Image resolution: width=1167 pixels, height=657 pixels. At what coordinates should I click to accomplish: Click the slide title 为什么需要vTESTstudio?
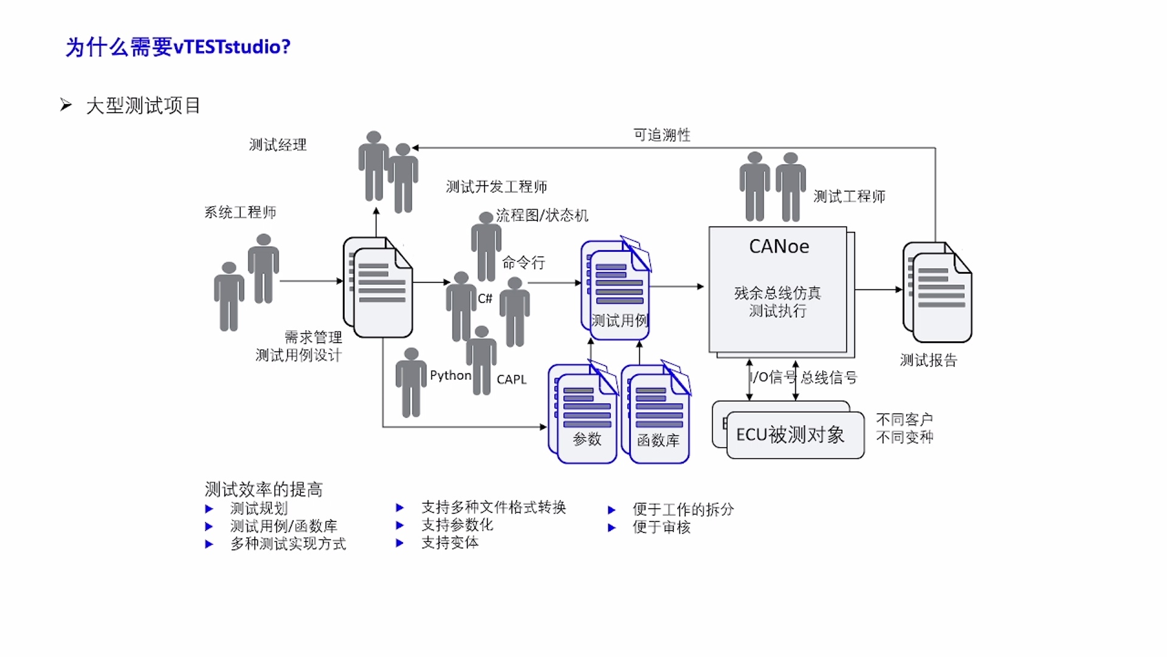(x=178, y=47)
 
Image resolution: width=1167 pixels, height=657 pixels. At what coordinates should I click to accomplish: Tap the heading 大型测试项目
(x=143, y=106)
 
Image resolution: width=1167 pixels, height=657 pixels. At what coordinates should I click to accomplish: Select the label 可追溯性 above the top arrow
(x=662, y=135)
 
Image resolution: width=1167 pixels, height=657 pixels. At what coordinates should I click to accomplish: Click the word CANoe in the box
(x=779, y=246)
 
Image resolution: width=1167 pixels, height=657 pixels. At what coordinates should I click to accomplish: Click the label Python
(x=450, y=375)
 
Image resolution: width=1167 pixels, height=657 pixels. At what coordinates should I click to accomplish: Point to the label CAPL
(x=511, y=380)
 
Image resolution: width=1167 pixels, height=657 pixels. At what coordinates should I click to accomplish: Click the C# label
(x=485, y=299)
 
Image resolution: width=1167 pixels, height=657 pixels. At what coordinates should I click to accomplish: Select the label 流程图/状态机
(x=542, y=215)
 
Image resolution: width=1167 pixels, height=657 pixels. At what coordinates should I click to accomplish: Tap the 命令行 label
(x=523, y=263)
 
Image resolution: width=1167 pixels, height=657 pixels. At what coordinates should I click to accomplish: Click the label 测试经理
(x=278, y=145)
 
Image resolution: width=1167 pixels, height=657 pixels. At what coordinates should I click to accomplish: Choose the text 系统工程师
(x=240, y=212)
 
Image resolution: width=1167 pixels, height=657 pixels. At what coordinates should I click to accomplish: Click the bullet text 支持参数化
(x=457, y=525)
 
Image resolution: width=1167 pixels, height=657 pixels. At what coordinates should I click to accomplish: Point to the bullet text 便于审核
(x=661, y=527)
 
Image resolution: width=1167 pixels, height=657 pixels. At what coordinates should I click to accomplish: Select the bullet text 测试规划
(x=259, y=509)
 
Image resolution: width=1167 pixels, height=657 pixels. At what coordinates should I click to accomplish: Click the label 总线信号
(x=828, y=378)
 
